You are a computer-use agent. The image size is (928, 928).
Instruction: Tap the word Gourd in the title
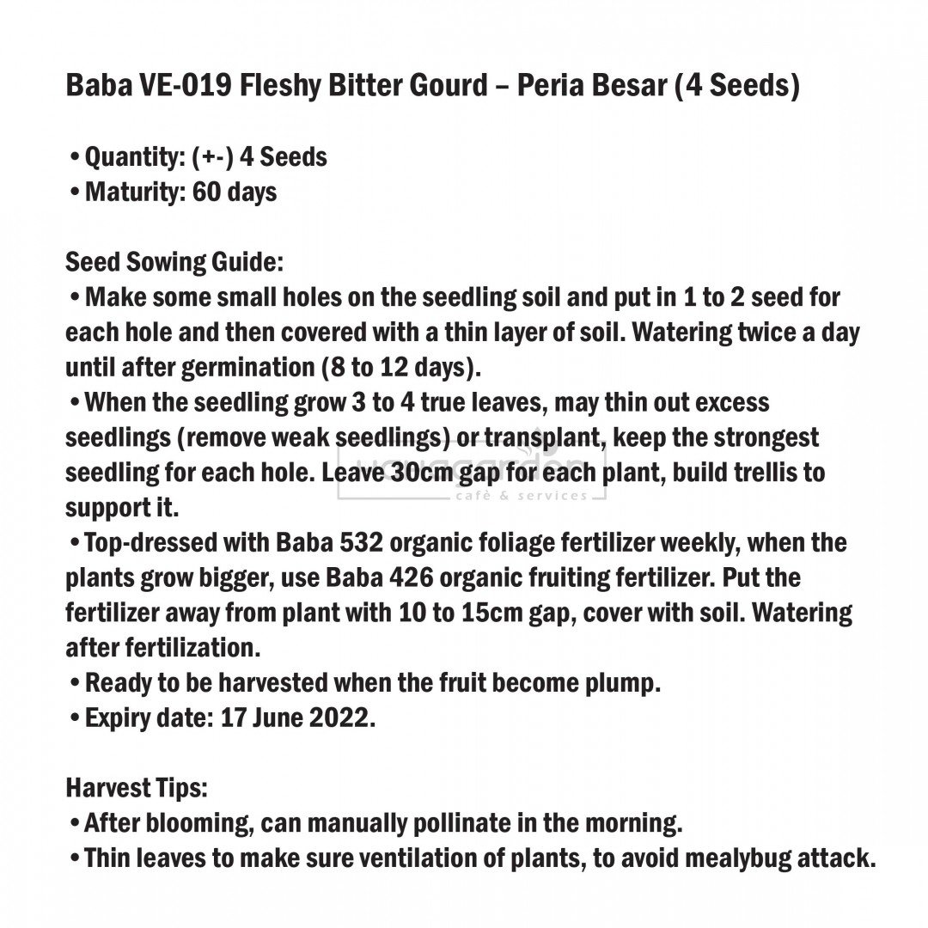tap(446, 87)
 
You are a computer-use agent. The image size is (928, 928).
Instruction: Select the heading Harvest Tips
tap(137, 788)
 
